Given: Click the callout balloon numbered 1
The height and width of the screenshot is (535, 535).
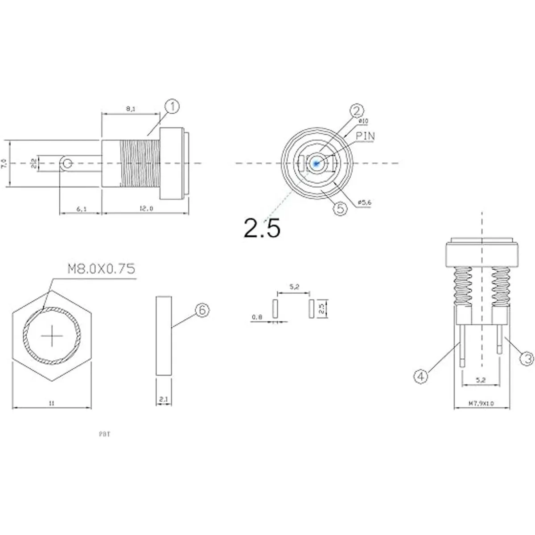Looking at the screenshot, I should (x=172, y=107).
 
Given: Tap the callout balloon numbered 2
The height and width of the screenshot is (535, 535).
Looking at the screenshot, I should (x=357, y=110).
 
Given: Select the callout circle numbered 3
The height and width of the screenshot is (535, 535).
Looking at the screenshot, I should (x=527, y=358).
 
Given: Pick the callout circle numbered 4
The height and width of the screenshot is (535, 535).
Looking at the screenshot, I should (x=421, y=377).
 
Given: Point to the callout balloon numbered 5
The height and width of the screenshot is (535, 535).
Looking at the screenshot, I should (x=340, y=209).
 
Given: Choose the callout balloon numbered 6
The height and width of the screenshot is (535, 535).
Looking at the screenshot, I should (x=202, y=310).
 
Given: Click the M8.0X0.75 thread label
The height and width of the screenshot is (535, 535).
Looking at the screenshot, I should (x=101, y=269).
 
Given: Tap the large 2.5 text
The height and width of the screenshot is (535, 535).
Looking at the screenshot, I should (x=262, y=228).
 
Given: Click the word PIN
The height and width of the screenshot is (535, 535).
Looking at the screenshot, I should (x=365, y=136).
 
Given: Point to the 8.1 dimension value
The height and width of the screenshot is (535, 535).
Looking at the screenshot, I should (x=131, y=109).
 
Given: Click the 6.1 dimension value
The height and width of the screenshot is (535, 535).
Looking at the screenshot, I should (x=81, y=209).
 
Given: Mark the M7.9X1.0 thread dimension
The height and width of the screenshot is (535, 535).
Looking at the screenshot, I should (x=481, y=403).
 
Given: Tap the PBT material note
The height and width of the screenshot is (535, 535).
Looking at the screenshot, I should (x=104, y=434).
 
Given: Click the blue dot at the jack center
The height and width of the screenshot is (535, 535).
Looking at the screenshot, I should (x=316, y=163).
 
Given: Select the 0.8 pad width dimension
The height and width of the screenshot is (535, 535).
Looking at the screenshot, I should (x=257, y=317).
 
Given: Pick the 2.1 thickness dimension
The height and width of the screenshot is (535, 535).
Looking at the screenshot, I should (x=164, y=400).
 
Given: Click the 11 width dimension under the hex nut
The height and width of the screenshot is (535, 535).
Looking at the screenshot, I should (x=52, y=403).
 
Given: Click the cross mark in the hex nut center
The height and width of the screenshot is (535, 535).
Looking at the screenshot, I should (x=52, y=336).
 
